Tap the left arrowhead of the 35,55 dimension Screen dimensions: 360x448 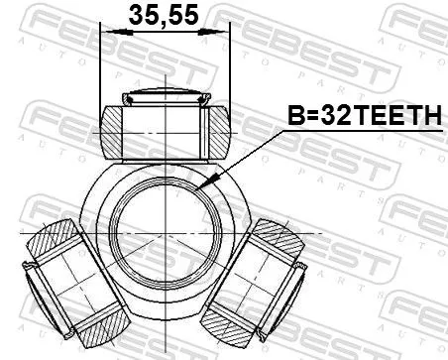coord(106,34)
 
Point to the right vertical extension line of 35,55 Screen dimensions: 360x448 coord(230,69)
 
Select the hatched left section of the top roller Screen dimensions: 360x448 coord(116,130)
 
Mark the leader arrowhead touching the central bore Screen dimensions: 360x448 coord(201,188)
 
